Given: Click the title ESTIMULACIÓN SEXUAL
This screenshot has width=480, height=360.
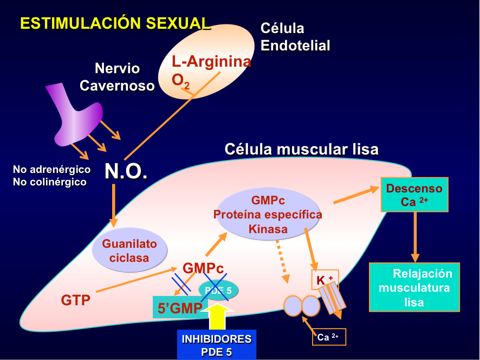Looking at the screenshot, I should [x=115, y=23].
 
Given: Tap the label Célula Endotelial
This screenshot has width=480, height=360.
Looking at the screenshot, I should [x=295, y=37].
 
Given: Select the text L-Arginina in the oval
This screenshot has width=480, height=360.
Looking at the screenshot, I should [x=211, y=61].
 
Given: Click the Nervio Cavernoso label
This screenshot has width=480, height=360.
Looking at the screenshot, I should [x=118, y=77].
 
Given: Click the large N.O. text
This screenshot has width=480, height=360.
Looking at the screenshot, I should [x=126, y=171].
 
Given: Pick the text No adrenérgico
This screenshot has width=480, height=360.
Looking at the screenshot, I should [x=52, y=170].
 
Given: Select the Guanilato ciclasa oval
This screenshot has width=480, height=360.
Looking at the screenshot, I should [x=129, y=250].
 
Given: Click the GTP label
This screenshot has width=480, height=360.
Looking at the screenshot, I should [x=75, y=300].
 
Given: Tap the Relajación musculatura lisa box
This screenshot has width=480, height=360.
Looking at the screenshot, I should [x=414, y=287].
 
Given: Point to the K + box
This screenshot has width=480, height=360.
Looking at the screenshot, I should [x=325, y=280].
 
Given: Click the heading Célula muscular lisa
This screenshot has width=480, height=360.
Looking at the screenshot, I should [x=301, y=149].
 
